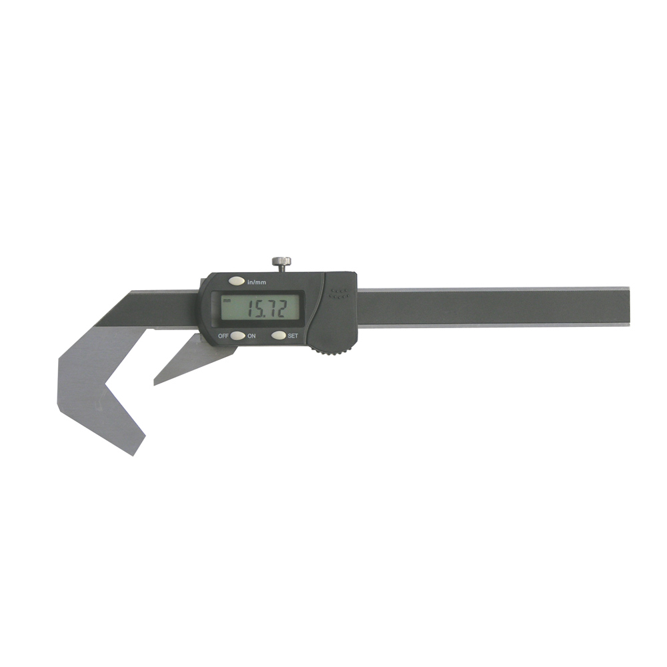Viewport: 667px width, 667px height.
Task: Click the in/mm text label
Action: [257, 282]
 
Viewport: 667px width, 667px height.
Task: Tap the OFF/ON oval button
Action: [238, 336]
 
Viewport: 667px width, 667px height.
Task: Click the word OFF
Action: [223, 336]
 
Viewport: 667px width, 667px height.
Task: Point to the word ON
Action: [252, 336]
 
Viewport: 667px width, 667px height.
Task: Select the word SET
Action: [293, 336]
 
